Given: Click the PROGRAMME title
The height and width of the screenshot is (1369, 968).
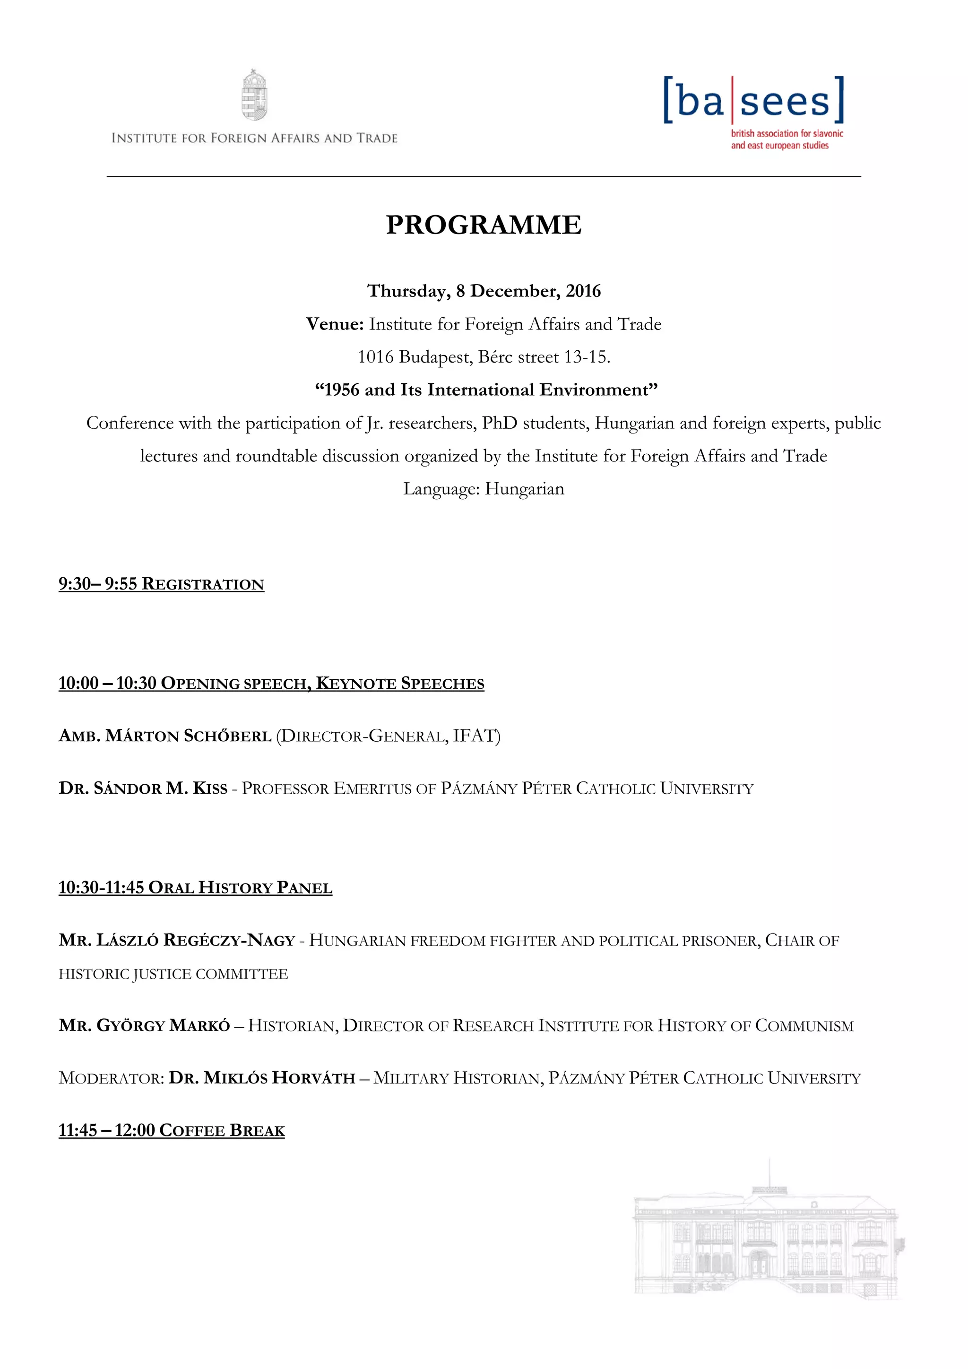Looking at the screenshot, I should click(484, 225).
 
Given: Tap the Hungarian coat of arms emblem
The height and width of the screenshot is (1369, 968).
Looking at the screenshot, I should click(254, 95).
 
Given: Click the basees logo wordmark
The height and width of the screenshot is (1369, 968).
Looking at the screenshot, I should click(754, 100).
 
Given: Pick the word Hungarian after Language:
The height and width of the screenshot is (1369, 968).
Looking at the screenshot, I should click(525, 489).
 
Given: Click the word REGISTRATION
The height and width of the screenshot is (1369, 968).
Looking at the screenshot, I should click(203, 584).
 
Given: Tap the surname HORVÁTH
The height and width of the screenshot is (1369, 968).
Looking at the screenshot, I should click(314, 1078).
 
